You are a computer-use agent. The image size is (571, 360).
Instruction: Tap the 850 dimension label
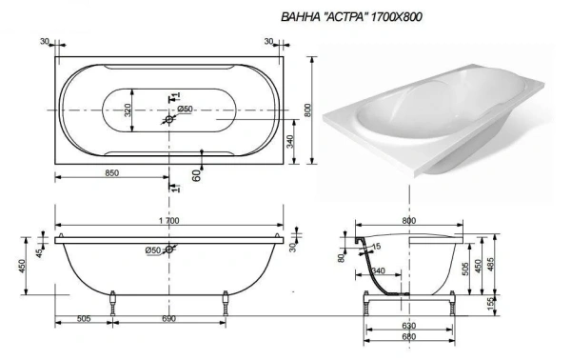click(110, 172)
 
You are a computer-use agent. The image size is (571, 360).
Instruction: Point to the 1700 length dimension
click(168, 220)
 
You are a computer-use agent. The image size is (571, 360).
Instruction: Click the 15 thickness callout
click(377, 248)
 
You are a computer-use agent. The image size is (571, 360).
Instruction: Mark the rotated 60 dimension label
click(194, 174)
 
